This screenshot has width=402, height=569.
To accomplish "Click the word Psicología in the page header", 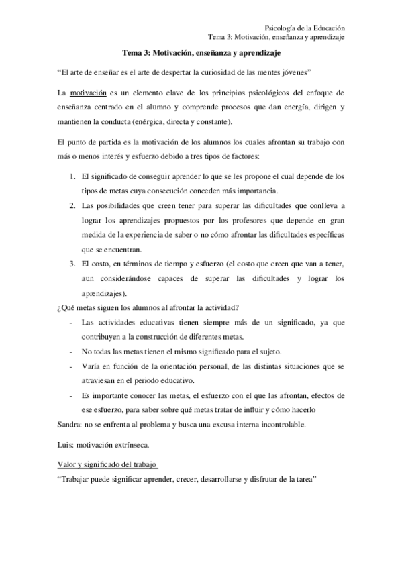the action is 282,28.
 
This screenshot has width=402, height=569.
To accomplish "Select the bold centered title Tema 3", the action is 202,52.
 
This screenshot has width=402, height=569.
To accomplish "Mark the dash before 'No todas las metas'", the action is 71,352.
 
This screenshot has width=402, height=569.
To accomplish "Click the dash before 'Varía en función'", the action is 71,366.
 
